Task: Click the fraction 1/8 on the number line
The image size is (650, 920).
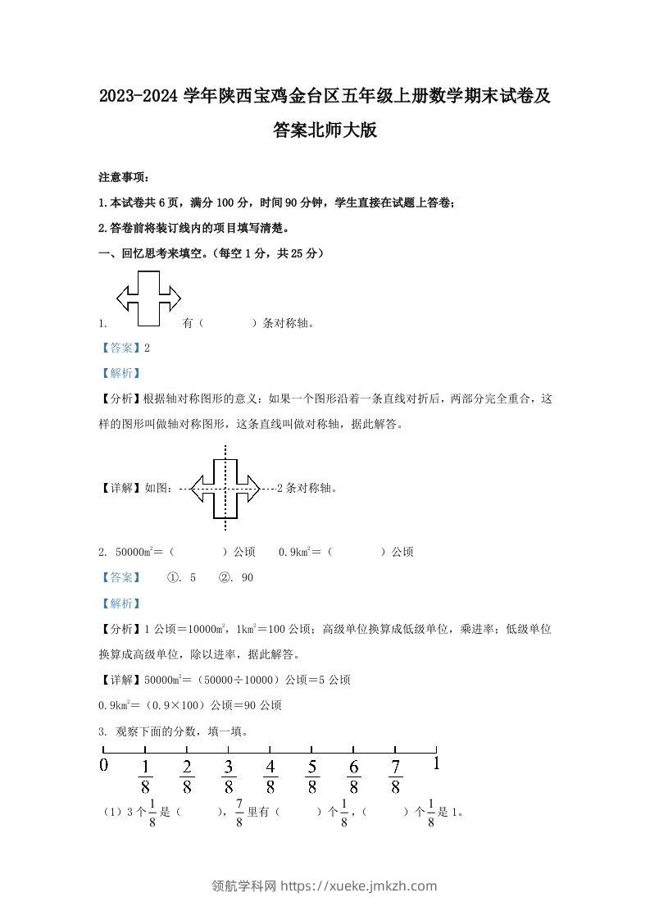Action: point(145,776)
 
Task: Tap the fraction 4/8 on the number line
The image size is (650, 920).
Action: point(270,776)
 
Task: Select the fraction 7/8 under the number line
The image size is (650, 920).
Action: point(395,776)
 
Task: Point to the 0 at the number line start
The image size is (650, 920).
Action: point(103,765)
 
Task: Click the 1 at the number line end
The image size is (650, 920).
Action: point(437,763)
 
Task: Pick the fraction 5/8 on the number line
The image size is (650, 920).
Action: point(311,776)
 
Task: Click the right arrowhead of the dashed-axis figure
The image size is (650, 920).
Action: point(250,490)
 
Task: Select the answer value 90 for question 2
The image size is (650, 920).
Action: point(247,577)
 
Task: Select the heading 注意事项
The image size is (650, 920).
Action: point(123,177)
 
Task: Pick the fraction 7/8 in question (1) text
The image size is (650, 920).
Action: point(239,813)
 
